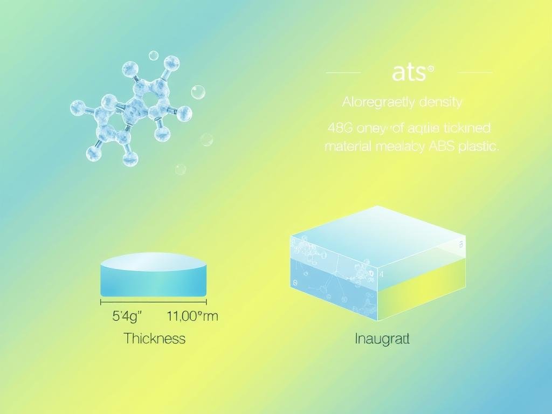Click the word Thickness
pyautogui.click(x=154, y=339)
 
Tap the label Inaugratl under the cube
pyautogui.click(x=382, y=339)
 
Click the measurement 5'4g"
pyautogui.click(x=127, y=316)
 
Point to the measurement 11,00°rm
pyautogui.click(x=192, y=316)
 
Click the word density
pyautogui.click(x=441, y=101)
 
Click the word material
pyautogui.click(x=348, y=147)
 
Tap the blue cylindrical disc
pyautogui.click(x=154, y=275)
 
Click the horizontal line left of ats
pyautogui.click(x=343, y=72)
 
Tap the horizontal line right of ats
pyautogui.click(x=474, y=72)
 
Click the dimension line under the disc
pyautogui.click(x=154, y=302)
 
